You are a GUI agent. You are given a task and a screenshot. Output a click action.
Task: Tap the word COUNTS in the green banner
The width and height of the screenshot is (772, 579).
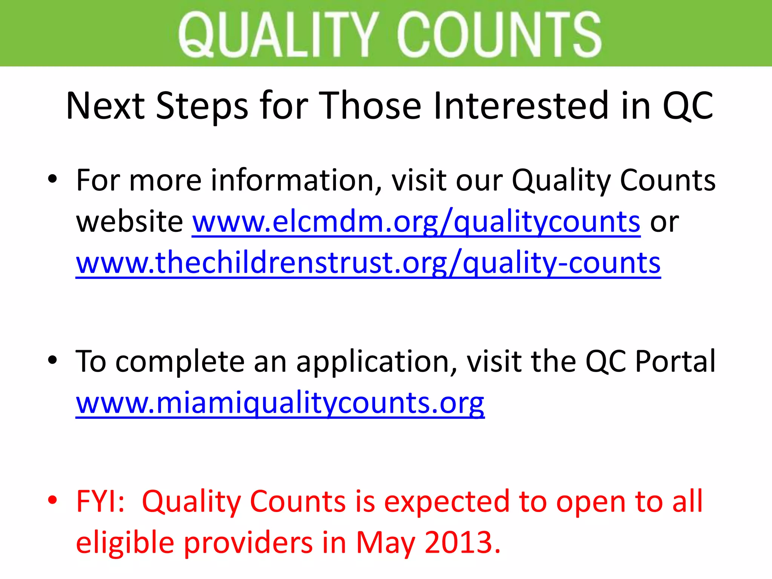coord(499,35)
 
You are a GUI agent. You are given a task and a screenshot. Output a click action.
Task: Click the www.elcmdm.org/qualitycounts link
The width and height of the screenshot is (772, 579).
coord(416,222)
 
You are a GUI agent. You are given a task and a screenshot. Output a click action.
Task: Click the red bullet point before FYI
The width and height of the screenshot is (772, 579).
coord(52,500)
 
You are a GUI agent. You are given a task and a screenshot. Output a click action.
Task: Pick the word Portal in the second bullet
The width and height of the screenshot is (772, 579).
coord(675,361)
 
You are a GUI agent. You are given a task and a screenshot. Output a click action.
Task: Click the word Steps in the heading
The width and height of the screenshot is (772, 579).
coord(202,106)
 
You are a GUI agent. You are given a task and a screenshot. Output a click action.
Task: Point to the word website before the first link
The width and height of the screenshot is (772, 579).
coord(130,222)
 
